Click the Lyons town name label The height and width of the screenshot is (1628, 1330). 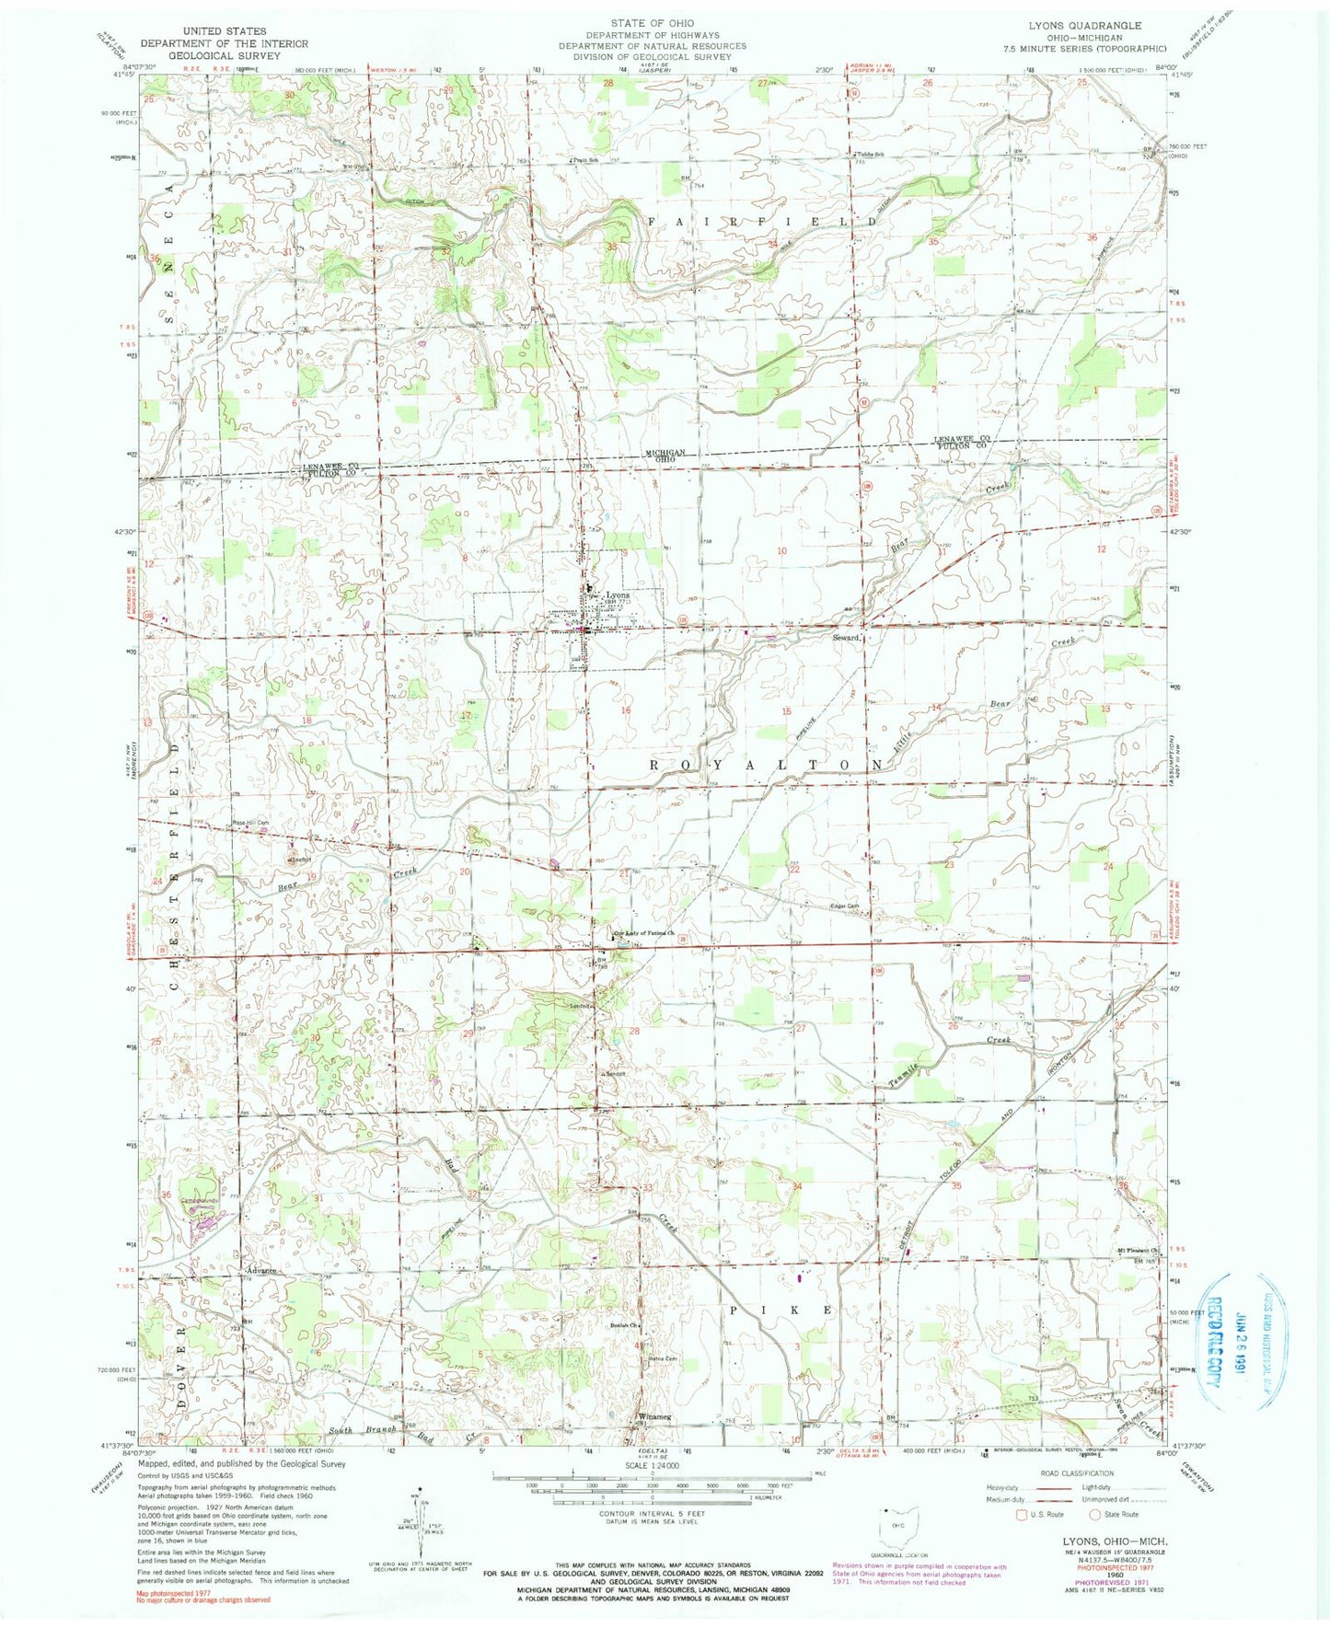tap(618, 595)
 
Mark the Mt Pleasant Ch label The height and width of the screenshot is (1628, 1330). tap(1135, 1250)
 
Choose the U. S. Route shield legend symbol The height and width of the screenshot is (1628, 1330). tap(1020, 1513)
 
